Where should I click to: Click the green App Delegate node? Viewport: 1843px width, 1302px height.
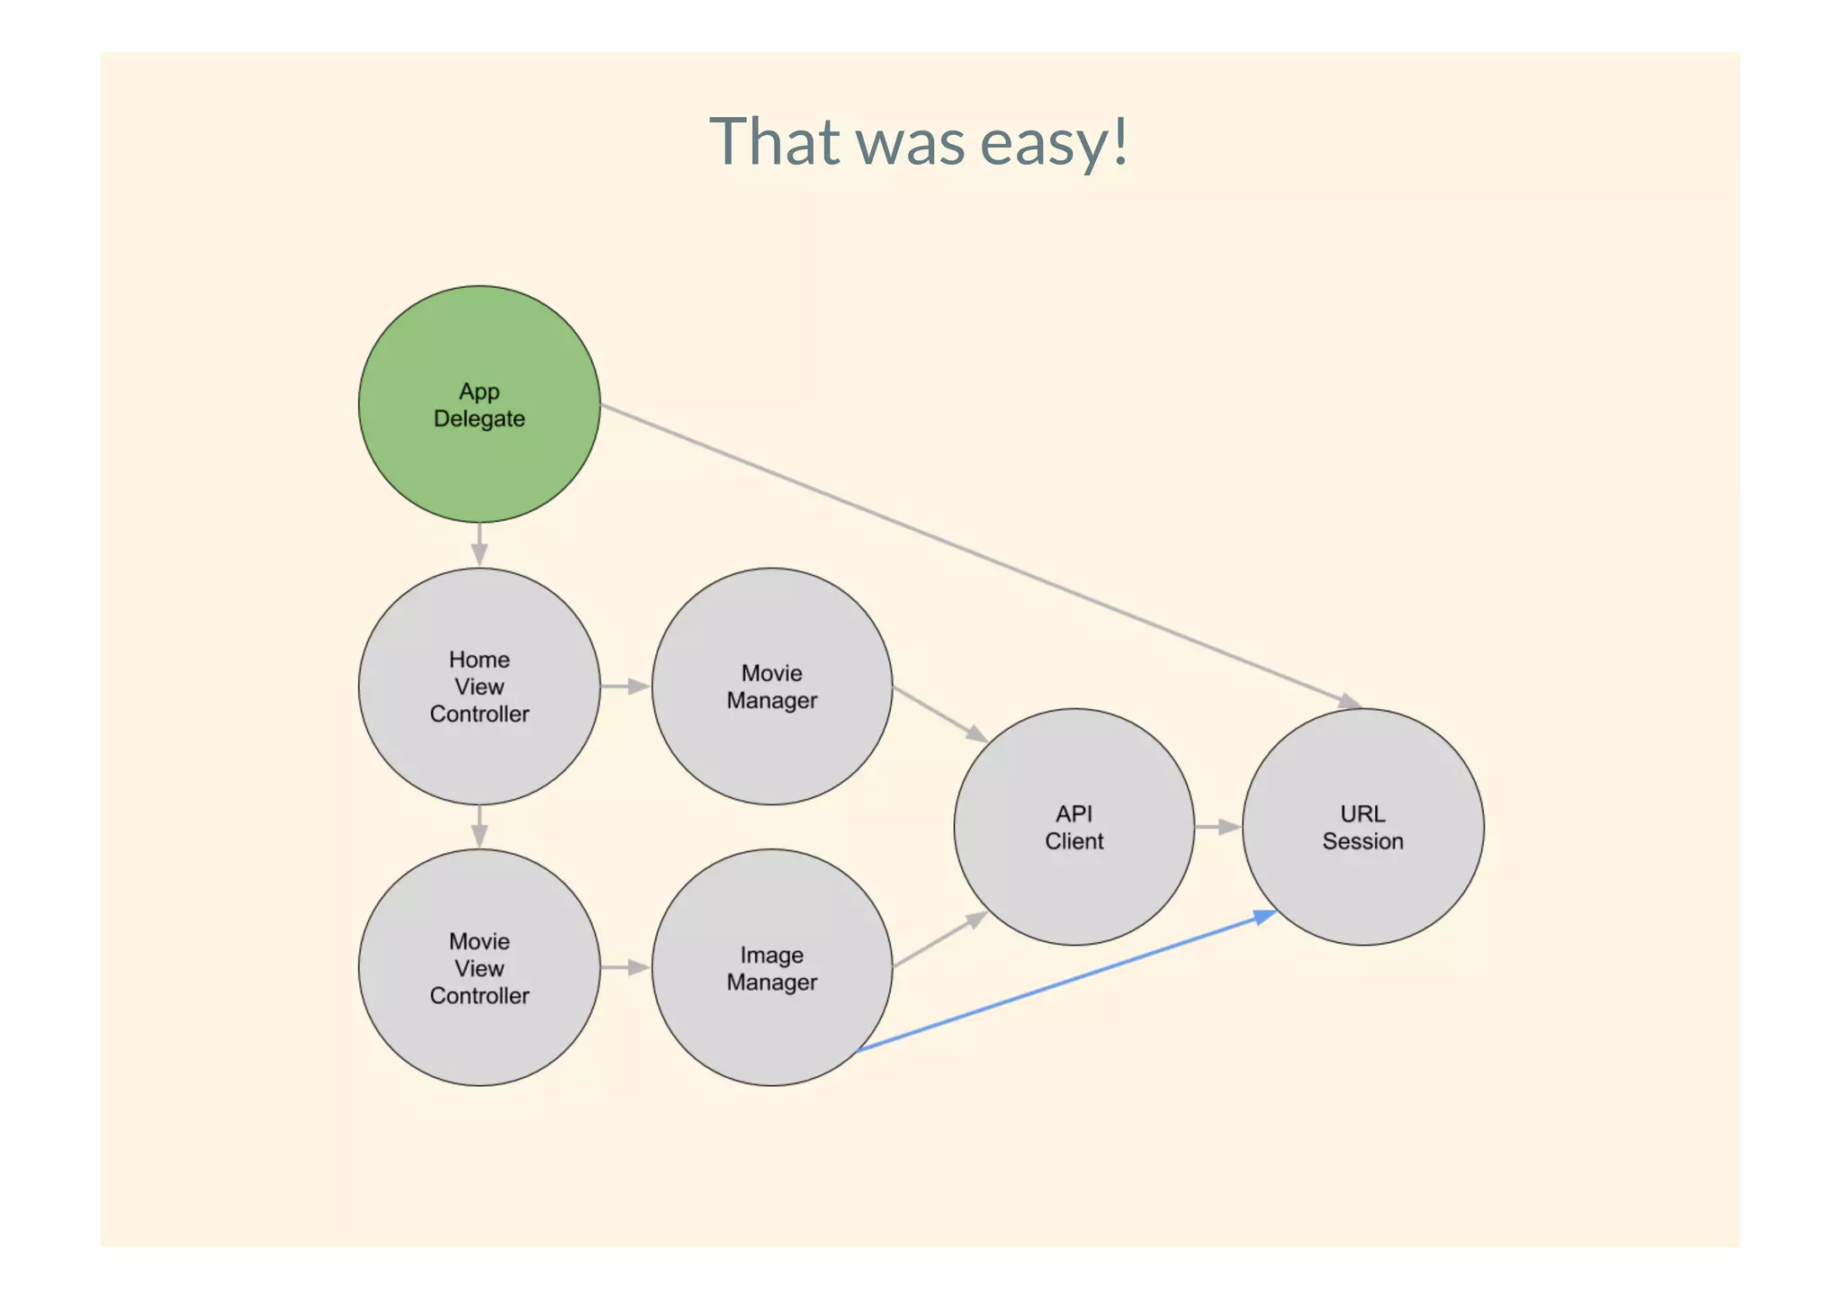coord(479,360)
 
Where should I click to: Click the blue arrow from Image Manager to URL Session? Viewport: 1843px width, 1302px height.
coord(1066,982)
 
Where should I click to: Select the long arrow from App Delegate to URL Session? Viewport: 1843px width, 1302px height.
coord(981,555)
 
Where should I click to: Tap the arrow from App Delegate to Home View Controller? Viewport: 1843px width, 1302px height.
coord(480,544)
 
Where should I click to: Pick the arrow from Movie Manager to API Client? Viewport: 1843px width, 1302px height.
coord(939,714)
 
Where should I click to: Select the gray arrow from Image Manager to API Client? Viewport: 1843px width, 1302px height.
coord(939,939)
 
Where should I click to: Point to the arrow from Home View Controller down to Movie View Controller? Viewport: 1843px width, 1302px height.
coord(480,826)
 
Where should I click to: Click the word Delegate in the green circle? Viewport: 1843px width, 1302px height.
coord(479,419)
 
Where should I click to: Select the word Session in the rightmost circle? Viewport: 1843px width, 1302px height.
coord(1362,841)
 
